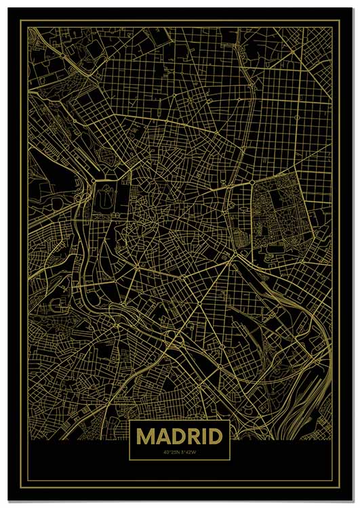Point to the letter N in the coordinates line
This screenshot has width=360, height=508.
[x=178, y=452]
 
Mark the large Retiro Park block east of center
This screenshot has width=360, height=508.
[x=278, y=217]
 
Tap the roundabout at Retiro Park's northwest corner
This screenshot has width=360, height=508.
[x=252, y=183]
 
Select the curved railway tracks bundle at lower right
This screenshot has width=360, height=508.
[x=308, y=400]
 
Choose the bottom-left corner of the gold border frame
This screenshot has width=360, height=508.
[x=20, y=487]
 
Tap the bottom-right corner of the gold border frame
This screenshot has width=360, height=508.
[x=340, y=487]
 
